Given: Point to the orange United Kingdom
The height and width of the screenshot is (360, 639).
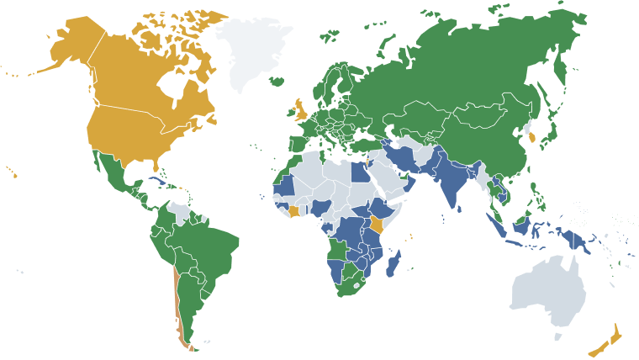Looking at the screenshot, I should [299, 110].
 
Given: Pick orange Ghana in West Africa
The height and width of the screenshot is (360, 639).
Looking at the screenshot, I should [294, 209].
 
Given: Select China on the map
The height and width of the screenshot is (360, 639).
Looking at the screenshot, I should [479, 135].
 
